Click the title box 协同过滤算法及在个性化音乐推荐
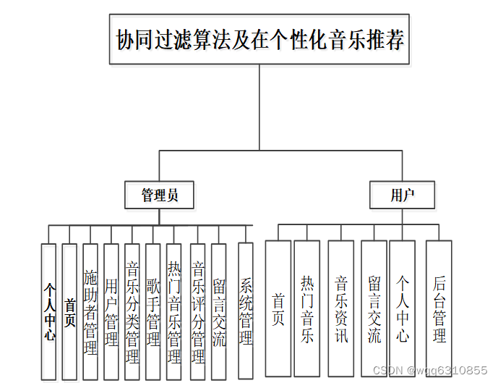[259, 39]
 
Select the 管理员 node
[159, 195]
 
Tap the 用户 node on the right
[403, 195]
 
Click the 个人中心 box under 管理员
[48, 311]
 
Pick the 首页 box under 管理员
[69, 311]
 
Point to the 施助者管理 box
[90, 311]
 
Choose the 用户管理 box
[111, 311]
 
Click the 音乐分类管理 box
[132, 311]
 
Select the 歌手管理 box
[153, 311]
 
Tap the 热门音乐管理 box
[174, 311]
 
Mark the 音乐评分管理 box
[197, 311]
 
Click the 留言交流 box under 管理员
[219, 311]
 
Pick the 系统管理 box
[246, 311]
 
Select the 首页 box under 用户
[278, 308]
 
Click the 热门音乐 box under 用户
[307, 308]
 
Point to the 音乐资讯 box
[341, 308]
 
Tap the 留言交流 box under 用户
[374, 308]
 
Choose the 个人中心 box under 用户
[403, 308]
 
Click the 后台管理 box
[439, 308]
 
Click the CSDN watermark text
[429, 370]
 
